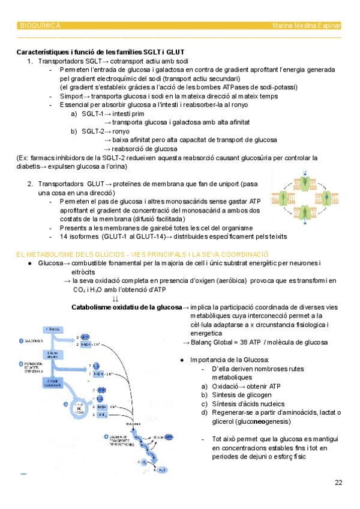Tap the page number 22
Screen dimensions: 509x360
[x=339, y=482]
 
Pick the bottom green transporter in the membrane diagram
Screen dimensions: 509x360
[x=305, y=212]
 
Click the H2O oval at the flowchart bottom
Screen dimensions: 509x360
[x=160, y=470]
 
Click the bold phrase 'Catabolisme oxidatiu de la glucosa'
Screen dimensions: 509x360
[x=126, y=307]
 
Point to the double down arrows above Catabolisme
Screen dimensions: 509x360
[x=115, y=299]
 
